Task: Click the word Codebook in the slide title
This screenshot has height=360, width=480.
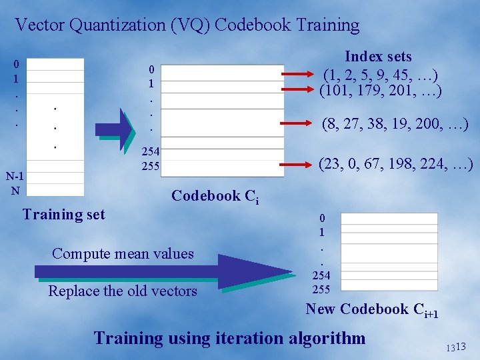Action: [x=253, y=25]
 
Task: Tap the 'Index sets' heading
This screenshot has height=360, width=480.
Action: [x=378, y=57]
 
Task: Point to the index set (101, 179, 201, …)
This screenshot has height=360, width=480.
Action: [x=380, y=89]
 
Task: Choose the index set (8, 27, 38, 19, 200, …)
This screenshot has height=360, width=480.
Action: [x=395, y=123]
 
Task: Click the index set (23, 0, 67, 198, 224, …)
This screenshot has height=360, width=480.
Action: [x=396, y=163]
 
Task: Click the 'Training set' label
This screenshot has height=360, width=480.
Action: [x=63, y=215]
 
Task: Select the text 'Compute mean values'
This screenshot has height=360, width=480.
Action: [x=123, y=253]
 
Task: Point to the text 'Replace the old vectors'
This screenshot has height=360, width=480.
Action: [x=123, y=291]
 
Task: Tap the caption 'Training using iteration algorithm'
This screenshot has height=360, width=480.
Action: [x=229, y=338]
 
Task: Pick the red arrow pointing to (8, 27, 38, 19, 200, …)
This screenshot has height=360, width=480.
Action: [x=297, y=122]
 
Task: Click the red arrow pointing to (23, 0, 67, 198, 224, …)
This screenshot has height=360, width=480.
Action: [x=297, y=162]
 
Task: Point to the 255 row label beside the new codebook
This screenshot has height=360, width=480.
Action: [x=321, y=289]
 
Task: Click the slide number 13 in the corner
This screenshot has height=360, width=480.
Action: [x=457, y=347]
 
